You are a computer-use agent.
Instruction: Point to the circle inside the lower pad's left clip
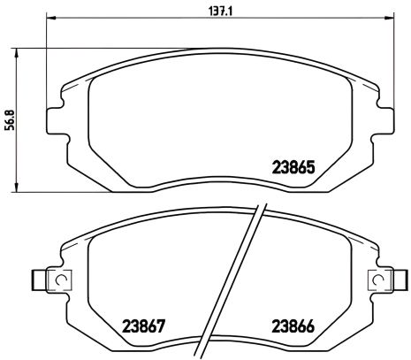coord(62,280)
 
